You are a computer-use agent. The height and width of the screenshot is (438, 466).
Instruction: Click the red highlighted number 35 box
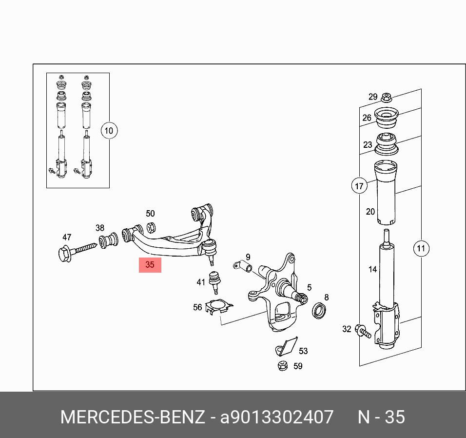(x=150, y=265)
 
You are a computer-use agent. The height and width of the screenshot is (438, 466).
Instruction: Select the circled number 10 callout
(x=109, y=131)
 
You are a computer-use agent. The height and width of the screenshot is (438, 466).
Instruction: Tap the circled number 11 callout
(x=421, y=248)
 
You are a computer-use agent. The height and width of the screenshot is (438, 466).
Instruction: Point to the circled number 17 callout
(x=359, y=186)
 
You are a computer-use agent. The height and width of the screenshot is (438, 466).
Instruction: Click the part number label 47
(x=67, y=238)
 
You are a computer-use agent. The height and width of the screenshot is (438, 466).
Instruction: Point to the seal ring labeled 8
(x=319, y=310)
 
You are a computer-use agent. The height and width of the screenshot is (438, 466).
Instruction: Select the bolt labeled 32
(x=363, y=331)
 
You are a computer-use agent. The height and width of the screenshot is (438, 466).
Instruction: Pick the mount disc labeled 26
(x=387, y=119)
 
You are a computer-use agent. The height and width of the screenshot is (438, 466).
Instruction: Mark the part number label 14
(x=372, y=269)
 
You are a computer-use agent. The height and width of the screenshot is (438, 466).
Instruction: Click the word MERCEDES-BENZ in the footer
(x=132, y=418)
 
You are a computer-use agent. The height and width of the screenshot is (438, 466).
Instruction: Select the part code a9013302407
(x=277, y=418)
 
